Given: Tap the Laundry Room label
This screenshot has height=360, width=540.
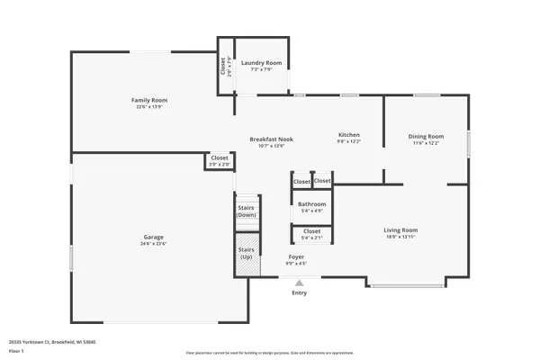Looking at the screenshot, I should (261, 63).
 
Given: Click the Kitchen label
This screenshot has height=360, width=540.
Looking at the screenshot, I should (348, 135).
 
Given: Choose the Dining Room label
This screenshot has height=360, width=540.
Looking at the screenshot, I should (427, 136).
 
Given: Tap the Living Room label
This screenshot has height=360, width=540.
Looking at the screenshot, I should (401, 229).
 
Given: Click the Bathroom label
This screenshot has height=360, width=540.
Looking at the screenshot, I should (312, 204).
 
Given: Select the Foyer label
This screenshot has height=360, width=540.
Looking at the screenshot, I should (296, 257).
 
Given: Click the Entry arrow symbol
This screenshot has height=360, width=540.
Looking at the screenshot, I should (299, 282).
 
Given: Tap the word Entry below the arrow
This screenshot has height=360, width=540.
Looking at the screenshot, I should (299, 292).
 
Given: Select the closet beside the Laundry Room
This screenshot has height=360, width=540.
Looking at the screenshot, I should (224, 66).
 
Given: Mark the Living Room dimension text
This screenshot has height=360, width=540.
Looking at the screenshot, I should (401, 237).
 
